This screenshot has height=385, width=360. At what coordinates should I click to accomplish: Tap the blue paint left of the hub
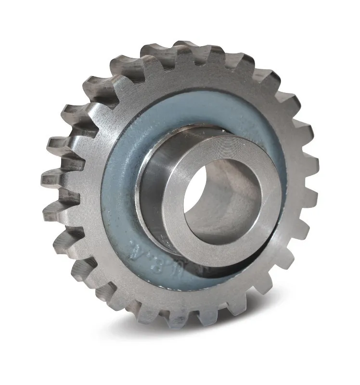point(120,192)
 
